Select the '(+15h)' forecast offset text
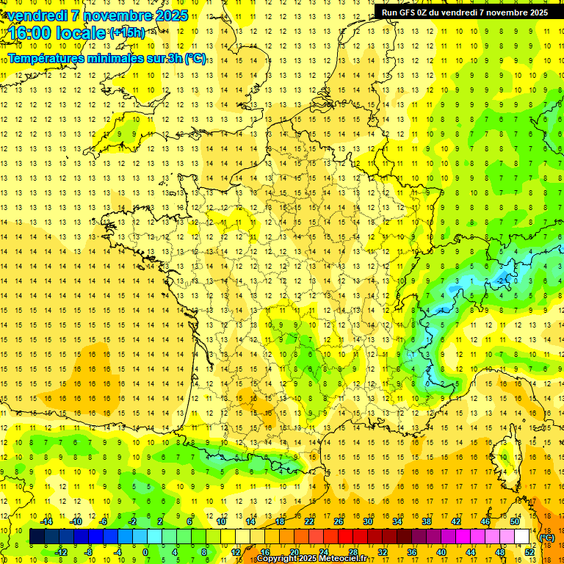126,33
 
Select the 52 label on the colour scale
529,552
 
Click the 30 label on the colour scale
368,521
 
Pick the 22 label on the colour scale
309,521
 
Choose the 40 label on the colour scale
441,552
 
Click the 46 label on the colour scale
485,521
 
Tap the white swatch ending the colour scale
522,537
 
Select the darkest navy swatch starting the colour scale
37,537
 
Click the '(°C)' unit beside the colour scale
547,537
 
